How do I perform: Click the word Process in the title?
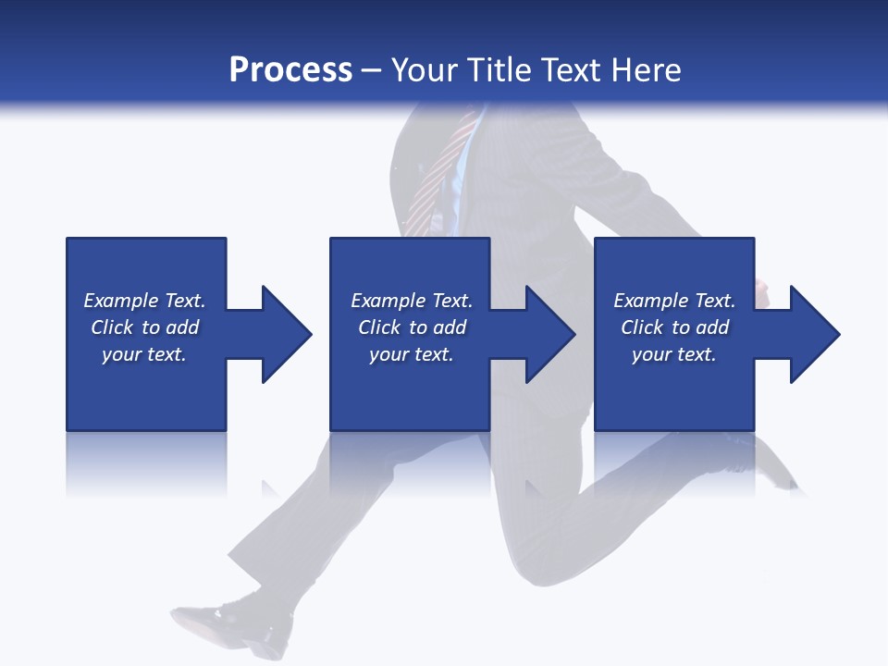[290, 69]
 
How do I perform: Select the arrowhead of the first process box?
[285, 334]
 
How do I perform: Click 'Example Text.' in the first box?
[144, 301]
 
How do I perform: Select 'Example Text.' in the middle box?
[412, 301]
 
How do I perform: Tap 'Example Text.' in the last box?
[674, 301]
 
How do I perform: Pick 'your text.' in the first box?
[144, 354]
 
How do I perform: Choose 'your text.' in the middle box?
[412, 354]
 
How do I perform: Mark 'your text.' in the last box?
[674, 354]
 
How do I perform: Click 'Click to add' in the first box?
[144, 327]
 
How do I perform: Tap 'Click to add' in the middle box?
[412, 327]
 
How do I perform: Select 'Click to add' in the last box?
[674, 327]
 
